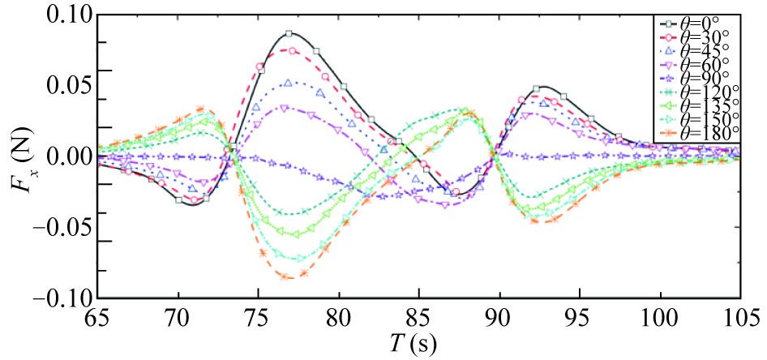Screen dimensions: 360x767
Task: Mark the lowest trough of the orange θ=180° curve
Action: [288, 278]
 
